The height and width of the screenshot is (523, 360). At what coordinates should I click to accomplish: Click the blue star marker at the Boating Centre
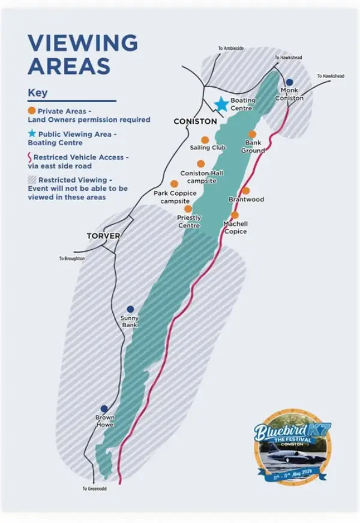tap(221, 104)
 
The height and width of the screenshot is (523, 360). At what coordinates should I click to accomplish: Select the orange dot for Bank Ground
tap(253, 134)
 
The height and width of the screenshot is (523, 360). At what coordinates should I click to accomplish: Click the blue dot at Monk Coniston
tap(289, 82)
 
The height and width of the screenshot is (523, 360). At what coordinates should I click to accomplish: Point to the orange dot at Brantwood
tap(245, 190)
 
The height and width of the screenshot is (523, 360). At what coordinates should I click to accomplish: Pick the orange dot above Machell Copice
tap(235, 214)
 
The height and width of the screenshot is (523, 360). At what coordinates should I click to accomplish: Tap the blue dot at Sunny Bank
tap(130, 309)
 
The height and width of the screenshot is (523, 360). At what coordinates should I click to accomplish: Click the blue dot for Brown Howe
tap(104, 408)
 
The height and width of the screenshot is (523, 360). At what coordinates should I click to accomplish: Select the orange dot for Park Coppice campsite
tap(174, 184)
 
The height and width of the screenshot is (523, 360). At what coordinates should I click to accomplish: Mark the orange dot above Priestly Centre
tap(188, 209)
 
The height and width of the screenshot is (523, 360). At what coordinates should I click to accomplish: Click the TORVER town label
tap(103, 236)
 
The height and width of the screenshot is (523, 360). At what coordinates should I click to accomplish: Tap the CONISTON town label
tap(194, 121)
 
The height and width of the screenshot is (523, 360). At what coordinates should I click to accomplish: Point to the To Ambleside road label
tap(231, 48)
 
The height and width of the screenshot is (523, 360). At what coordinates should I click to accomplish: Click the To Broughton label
tap(71, 258)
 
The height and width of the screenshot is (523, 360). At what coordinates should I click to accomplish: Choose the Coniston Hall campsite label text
tap(202, 177)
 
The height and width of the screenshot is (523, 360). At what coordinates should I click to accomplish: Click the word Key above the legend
tap(37, 93)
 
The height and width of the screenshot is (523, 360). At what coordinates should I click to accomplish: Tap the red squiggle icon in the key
tap(31, 157)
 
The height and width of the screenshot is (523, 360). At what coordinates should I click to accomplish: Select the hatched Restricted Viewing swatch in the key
tap(32, 180)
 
